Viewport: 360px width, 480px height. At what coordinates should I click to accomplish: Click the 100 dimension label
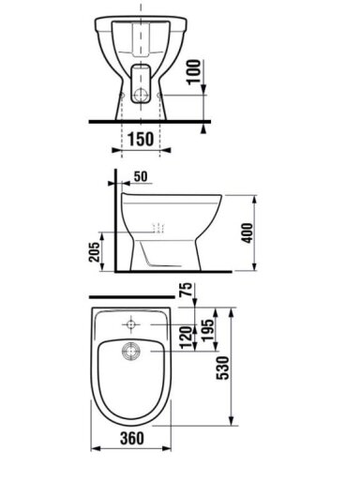(194, 71)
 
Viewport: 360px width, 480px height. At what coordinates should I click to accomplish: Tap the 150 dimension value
(141, 139)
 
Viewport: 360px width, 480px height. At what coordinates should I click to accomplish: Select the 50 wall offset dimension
(141, 176)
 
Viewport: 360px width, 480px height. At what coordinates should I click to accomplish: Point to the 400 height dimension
(247, 232)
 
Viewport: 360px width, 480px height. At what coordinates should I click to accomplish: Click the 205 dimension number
(94, 252)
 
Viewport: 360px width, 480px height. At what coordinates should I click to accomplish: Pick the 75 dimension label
(187, 290)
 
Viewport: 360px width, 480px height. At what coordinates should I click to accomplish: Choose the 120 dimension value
(187, 337)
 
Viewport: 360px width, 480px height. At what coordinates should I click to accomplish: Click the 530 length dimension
(223, 368)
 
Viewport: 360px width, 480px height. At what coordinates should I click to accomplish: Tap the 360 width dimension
(132, 439)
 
